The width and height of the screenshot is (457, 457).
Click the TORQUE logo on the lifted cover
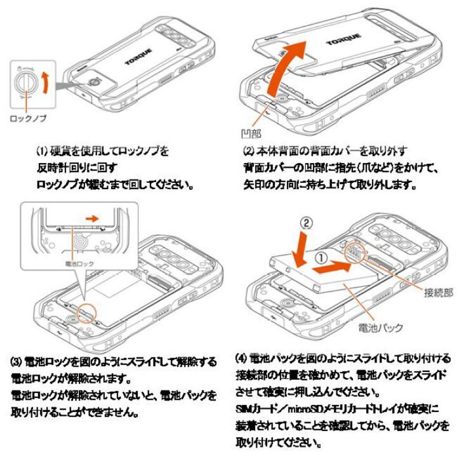343,39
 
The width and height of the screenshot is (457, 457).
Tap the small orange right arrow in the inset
92,219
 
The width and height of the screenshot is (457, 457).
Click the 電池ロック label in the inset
79,264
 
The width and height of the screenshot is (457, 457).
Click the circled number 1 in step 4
321,258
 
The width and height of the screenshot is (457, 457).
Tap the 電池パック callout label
380,328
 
